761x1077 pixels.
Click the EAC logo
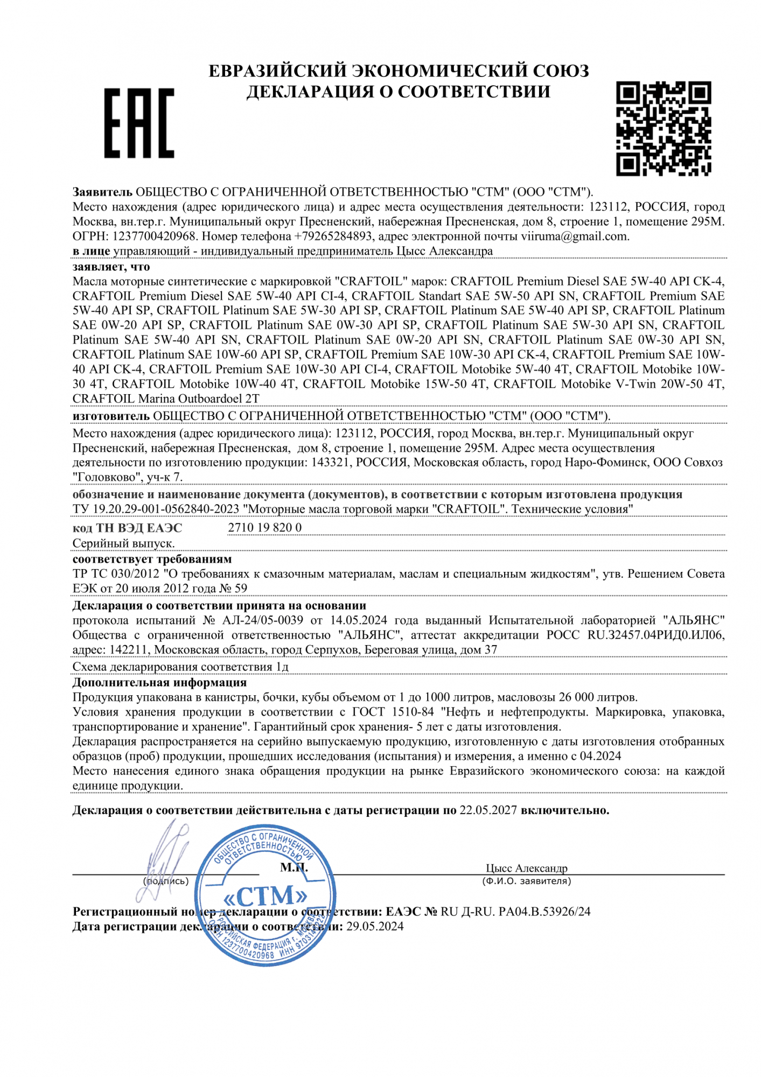click(139, 123)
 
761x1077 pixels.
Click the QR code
click(663, 129)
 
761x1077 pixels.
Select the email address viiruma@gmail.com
click(574, 236)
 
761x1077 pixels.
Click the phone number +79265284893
click(333, 236)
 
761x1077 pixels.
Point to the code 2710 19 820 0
click(264, 528)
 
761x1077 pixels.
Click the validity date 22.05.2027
click(488, 810)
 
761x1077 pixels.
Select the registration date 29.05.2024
click(375, 926)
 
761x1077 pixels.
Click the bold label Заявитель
click(102, 192)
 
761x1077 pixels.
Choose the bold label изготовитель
click(111, 416)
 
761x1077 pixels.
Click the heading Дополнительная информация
click(159, 683)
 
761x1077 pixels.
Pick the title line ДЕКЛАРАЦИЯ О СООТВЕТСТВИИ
click(399, 92)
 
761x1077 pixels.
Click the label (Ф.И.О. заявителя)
click(526, 882)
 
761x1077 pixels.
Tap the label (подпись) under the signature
click(166, 882)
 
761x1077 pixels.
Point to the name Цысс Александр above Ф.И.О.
click(526, 868)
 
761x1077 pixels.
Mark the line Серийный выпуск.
click(123, 544)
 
